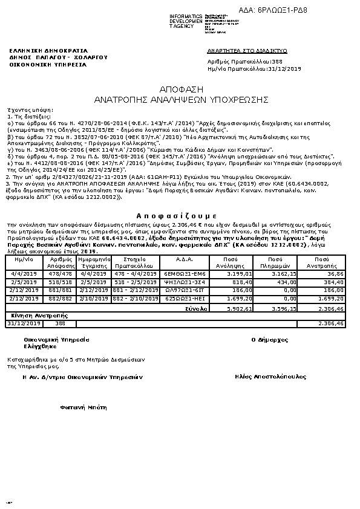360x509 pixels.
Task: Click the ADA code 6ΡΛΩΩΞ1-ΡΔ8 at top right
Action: click(x=282, y=10)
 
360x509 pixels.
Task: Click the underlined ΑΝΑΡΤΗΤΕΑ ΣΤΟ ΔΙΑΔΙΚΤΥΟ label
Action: click(x=247, y=51)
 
